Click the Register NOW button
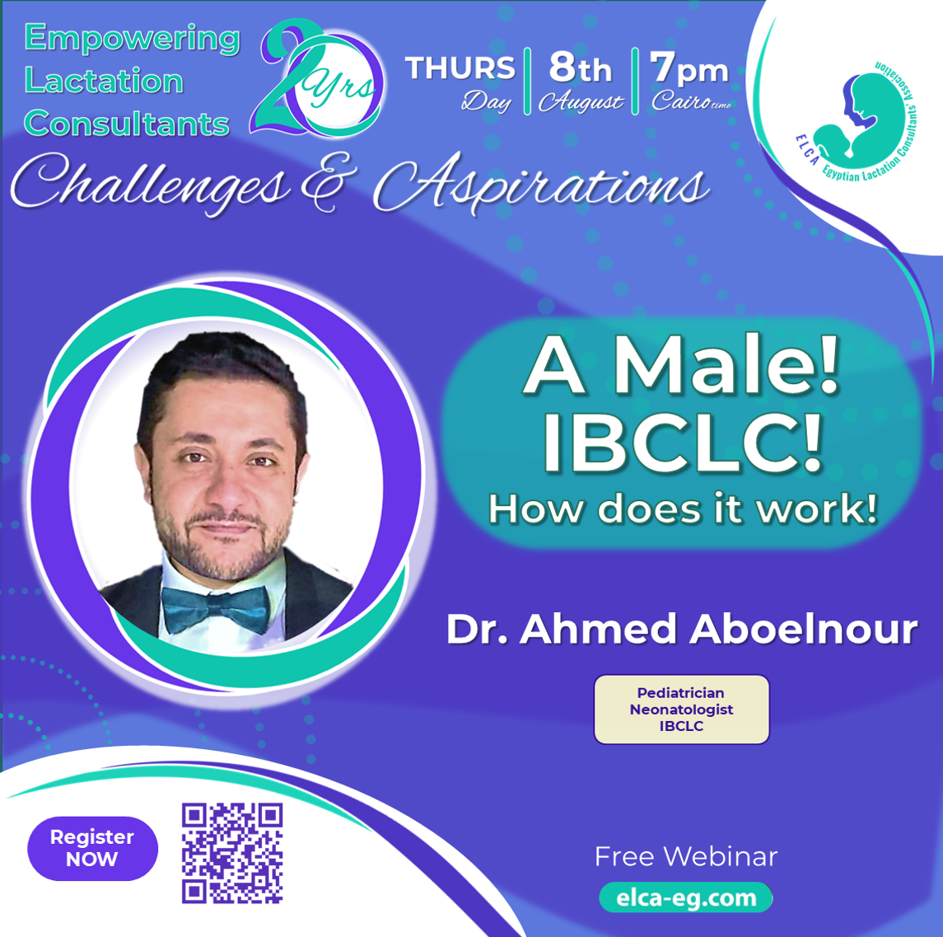click(92, 848)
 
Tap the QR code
click(232, 853)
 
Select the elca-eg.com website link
click(685, 897)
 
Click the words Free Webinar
click(685, 856)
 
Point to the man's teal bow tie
click(216, 609)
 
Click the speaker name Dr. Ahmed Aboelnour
click(681, 630)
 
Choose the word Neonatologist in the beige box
click(681, 710)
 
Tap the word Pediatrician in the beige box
click(681, 693)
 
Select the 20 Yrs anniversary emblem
click(318, 78)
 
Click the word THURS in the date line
click(460, 68)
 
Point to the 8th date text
click(580, 68)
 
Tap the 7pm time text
click(689, 68)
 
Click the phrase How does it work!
click(683, 509)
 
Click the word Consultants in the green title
click(126, 124)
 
